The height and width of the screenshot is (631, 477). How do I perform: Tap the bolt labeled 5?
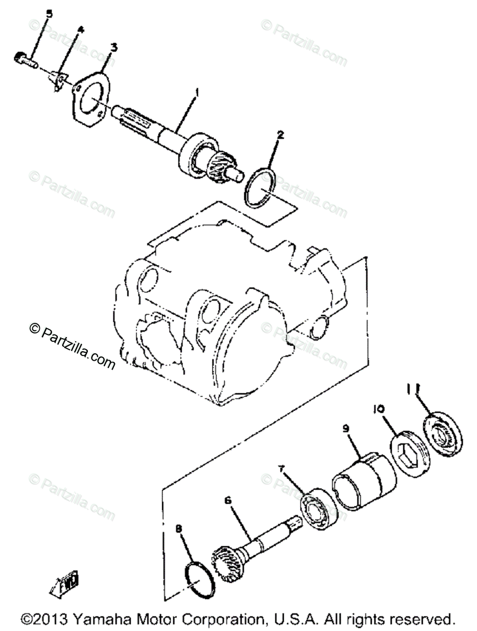[25, 58]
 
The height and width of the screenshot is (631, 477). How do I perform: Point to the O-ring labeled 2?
[262, 188]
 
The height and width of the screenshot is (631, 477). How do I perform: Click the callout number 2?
[281, 135]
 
